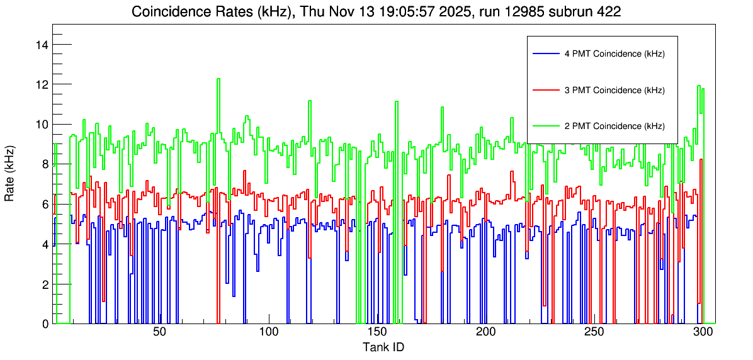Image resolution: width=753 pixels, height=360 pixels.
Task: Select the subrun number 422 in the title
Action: coord(609,11)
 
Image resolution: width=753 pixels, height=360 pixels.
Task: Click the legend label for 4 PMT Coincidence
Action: coord(614,54)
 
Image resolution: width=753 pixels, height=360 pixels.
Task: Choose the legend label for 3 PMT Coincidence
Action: coord(614,90)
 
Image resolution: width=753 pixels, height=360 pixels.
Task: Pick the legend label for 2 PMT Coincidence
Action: coord(614,126)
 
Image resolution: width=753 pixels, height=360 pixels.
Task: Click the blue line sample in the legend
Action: coord(546,54)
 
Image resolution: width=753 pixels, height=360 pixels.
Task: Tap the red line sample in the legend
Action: coord(546,90)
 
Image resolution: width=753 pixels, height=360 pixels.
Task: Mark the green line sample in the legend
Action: coord(546,126)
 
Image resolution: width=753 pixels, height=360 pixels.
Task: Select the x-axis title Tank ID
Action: coord(383,347)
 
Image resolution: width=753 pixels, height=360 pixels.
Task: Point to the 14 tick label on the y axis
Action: coord(43,45)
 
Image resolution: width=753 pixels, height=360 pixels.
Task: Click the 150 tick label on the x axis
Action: coord(376,332)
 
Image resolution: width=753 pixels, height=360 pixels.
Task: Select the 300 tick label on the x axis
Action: coord(702,332)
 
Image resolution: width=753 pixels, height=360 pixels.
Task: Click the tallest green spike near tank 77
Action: coord(218,80)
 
